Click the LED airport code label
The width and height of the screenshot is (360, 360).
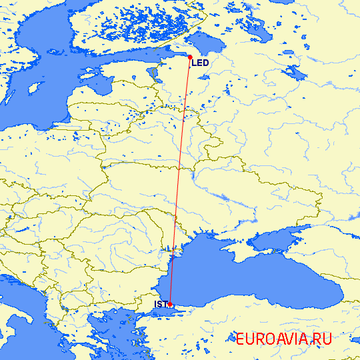(x=201, y=63)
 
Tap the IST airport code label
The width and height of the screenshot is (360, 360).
(x=160, y=305)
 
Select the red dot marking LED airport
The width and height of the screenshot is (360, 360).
(x=190, y=57)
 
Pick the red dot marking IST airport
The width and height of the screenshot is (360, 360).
(x=170, y=304)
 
